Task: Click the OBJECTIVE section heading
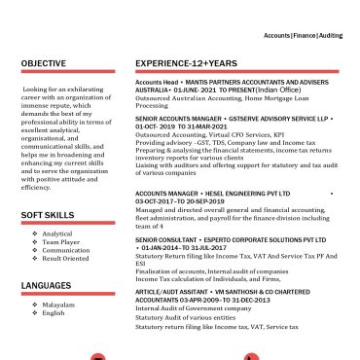coord(45,64)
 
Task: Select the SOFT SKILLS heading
coord(48,214)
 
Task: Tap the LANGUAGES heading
coord(47,286)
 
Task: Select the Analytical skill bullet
coord(57,234)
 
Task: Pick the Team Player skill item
coord(59,241)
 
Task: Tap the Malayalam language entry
coord(58,305)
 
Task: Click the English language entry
coord(54,312)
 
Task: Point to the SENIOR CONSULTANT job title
coord(166,238)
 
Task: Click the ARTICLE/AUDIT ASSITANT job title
coord(173,291)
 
